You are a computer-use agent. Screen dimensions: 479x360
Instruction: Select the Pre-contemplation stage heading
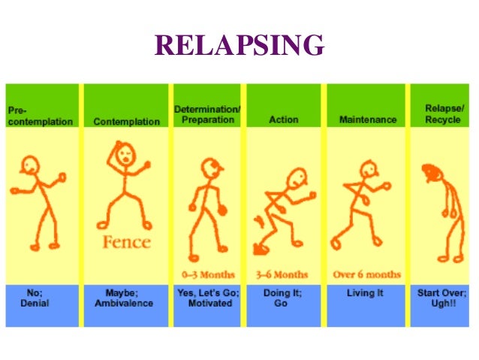point(41,114)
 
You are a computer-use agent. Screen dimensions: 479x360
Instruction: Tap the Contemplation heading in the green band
point(127,120)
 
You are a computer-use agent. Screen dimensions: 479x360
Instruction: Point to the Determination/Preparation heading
point(207,114)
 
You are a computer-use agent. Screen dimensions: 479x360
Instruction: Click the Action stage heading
point(283,119)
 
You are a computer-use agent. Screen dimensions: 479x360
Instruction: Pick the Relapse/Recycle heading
point(444,114)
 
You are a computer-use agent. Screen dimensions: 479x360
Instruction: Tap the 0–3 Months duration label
point(207,274)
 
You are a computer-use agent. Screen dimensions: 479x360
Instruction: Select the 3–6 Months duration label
point(283,274)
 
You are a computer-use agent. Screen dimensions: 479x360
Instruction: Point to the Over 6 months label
point(366,274)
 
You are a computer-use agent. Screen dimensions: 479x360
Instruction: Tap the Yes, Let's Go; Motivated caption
point(207,298)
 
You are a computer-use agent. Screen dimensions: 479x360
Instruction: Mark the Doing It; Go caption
point(283,298)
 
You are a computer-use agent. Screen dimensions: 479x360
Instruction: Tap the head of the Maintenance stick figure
point(366,168)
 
